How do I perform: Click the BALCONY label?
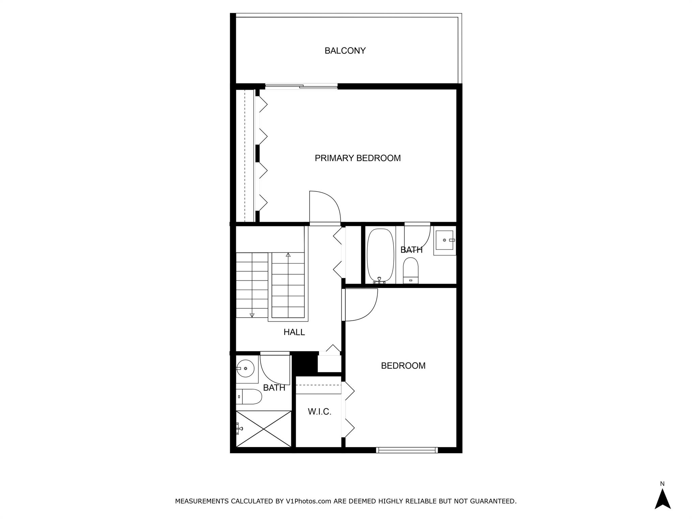[345, 51]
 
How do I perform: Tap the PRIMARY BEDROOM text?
[357, 158]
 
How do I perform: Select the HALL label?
[294, 332]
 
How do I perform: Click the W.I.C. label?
[319, 412]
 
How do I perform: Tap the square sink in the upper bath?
[445, 240]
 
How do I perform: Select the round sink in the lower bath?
[245, 369]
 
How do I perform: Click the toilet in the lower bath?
[249, 397]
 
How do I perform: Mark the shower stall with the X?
[264, 429]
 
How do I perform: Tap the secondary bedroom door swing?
[360, 304]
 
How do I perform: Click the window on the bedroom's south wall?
[407, 450]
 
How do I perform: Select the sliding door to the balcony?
[301, 86]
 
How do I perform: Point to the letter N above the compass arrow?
[662, 484]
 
